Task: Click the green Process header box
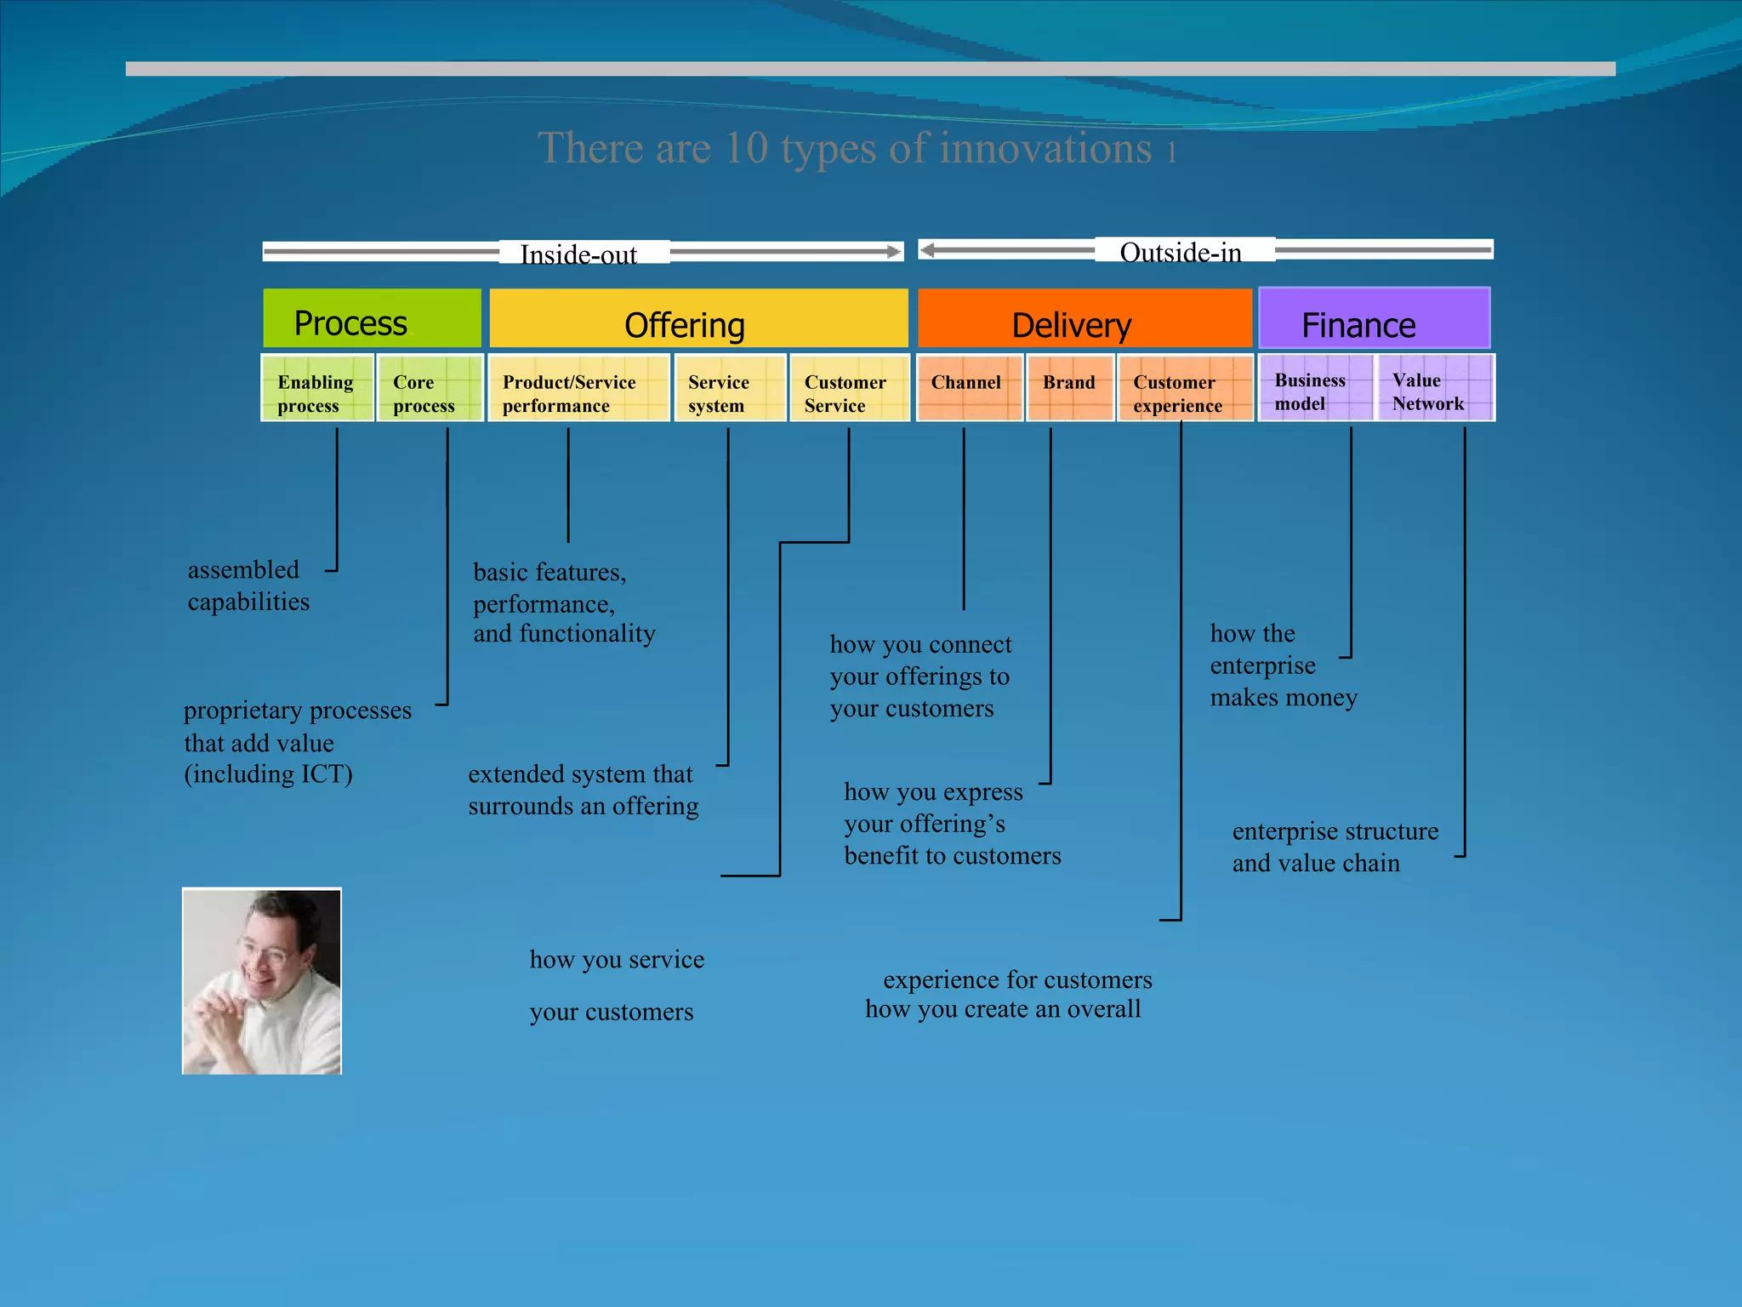(372, 318)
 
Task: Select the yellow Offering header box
(698, 318)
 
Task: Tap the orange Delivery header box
(1084, 318)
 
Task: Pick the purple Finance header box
(1374, 318)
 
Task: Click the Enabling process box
(317, 388)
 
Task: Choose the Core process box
(430, 388)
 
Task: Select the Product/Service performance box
(578, 388)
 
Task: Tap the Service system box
(730, 388)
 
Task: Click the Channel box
(969, 388)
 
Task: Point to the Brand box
(1070, 388)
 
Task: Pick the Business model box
(1315, 388)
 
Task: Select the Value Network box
(1435, 388)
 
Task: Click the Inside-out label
(579, 254)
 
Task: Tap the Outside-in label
(1181, 252)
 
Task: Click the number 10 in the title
(746, 148)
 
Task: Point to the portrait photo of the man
(262, 981)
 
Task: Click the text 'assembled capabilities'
(248, 585)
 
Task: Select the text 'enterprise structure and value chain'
(1334, 847)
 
